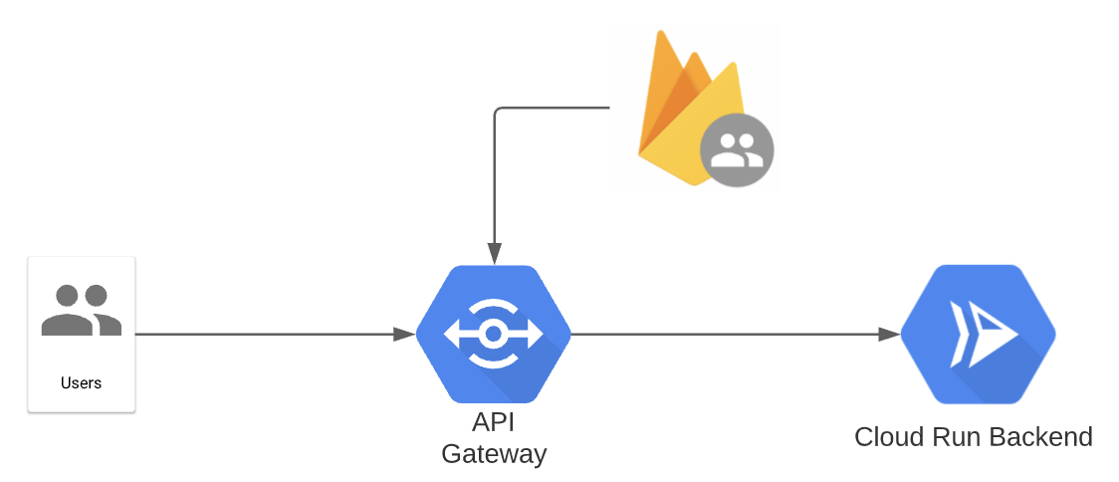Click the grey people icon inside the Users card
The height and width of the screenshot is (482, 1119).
[x=81, y=310]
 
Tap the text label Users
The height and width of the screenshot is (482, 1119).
[x=81, y=382]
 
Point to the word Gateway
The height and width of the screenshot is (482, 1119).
[x=493, y=454]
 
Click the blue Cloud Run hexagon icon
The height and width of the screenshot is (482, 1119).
[x=978, y=335]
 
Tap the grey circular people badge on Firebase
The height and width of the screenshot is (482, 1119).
[x=737, y=151]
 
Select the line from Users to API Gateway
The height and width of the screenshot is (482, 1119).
[x=269, y=335]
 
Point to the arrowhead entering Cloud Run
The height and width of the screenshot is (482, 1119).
[x=889, y=335]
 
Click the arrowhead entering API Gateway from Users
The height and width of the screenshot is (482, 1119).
[x=404, y=335]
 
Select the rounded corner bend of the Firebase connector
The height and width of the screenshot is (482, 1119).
[x=497, y=110]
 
